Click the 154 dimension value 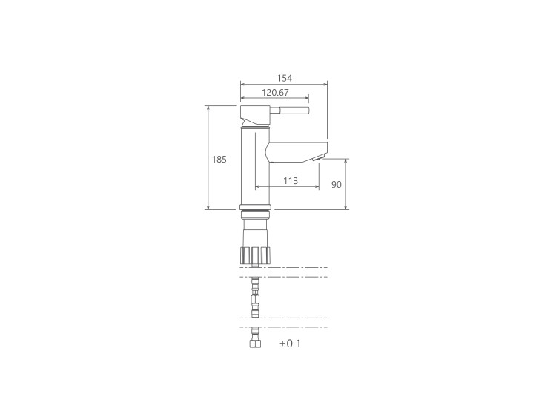coord(285,78)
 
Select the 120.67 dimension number coord(276,93)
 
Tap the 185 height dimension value coord(219,160)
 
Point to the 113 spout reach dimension coord(291,181)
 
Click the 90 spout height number coord(337,185)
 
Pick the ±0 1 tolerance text coord(290,344)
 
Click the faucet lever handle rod coord(290,111)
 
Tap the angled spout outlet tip coord(320,157)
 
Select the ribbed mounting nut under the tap coord(255,255)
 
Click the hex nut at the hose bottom coord(255,344)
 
